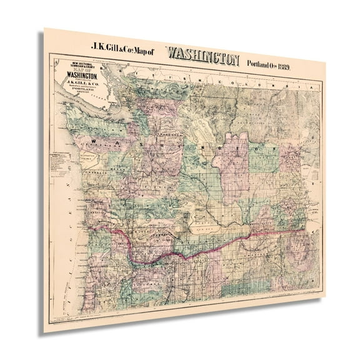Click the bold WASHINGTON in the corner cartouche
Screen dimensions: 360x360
pos(74,81)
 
